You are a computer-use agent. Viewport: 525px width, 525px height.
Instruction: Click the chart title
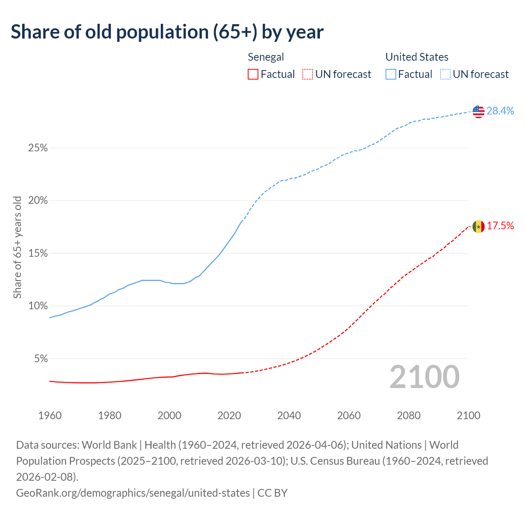tap(167, 32)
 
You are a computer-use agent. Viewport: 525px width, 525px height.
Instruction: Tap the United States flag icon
tap(478, 111)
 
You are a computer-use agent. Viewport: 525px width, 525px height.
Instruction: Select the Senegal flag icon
tap(478, 226)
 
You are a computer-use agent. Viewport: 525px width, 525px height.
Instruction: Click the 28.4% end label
tap(500, 111)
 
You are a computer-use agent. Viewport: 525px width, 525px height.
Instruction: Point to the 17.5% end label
tap(500, 226)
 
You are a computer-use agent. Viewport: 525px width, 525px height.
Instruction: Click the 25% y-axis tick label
tap(38, 148)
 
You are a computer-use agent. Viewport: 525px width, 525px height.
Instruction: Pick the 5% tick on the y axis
tap(40, 359)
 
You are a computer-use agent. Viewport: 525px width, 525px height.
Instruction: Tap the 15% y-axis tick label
tap(38, 253)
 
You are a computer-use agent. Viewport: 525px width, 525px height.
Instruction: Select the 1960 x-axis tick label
tap(50, 415)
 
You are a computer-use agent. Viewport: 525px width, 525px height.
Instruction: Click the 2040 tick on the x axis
tap(289, 415)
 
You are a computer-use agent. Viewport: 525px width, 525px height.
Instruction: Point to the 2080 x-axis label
tap(409, 415)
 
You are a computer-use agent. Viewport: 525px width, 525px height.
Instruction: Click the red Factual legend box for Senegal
tap(253, 74)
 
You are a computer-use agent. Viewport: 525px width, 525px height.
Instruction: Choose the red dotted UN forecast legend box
tap(308, 74)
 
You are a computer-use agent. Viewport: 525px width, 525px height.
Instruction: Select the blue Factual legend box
tap(391, 74)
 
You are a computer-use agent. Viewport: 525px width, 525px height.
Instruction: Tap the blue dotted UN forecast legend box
tap(445, 74)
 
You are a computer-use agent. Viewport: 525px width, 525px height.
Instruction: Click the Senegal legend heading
tap(266, 57)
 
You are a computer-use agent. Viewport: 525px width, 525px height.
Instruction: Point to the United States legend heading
tap(417, 57)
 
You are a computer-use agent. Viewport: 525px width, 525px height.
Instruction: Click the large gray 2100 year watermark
tap(425, 377)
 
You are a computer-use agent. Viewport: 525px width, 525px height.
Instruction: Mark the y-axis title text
tap(17, 247)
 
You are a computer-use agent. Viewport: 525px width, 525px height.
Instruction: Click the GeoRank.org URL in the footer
tap(132, 493)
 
